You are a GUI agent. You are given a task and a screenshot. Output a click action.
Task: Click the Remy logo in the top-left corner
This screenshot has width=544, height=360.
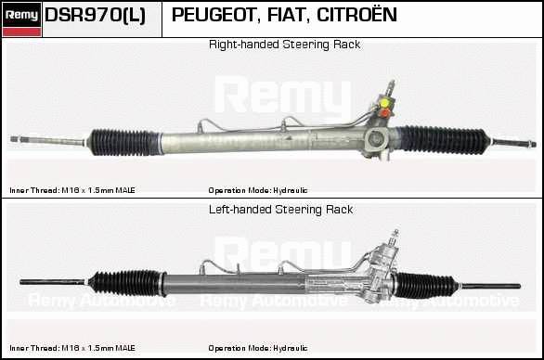point(21,19)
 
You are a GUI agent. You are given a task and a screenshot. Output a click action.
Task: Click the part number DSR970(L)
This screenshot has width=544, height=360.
point(95,15)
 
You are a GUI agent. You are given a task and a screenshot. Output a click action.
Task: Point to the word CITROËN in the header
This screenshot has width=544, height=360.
point(356,15)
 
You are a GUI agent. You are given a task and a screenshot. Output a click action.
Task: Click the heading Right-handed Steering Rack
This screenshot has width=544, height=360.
point(284,45)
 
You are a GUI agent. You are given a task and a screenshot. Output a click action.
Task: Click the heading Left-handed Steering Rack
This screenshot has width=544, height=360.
point(280,210)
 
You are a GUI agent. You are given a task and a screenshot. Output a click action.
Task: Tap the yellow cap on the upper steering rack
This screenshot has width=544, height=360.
point(384,103)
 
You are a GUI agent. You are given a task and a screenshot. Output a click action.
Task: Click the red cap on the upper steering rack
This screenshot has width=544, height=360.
point(384,113)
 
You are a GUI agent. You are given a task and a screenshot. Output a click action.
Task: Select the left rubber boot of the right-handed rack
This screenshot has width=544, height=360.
point(123,142)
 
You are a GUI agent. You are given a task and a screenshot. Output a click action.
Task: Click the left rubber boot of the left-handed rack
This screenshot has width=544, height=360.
point(126,283)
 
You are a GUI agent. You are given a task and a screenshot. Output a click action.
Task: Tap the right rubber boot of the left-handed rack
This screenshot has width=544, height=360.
point(426,286)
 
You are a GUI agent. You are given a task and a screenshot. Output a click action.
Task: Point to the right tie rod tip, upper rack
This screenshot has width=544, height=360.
point(532,144)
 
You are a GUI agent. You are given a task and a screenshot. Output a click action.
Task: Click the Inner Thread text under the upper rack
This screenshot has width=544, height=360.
point(72,190)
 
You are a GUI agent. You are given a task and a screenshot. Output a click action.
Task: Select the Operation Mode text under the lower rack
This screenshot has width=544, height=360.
point(258,348)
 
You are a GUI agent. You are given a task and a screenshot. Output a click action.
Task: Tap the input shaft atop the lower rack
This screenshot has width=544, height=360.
point(395,238)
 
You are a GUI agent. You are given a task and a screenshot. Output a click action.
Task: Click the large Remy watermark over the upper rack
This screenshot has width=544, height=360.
point(283,95)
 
